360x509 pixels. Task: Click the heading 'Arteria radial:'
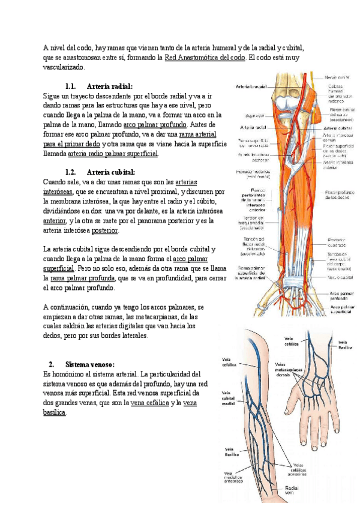109,86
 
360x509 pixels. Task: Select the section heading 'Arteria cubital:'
111,172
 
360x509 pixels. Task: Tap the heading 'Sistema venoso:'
90,364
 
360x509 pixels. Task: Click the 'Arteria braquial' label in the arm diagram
251,85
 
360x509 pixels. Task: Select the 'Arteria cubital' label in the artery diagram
337,128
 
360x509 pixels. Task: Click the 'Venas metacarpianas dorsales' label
289,367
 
